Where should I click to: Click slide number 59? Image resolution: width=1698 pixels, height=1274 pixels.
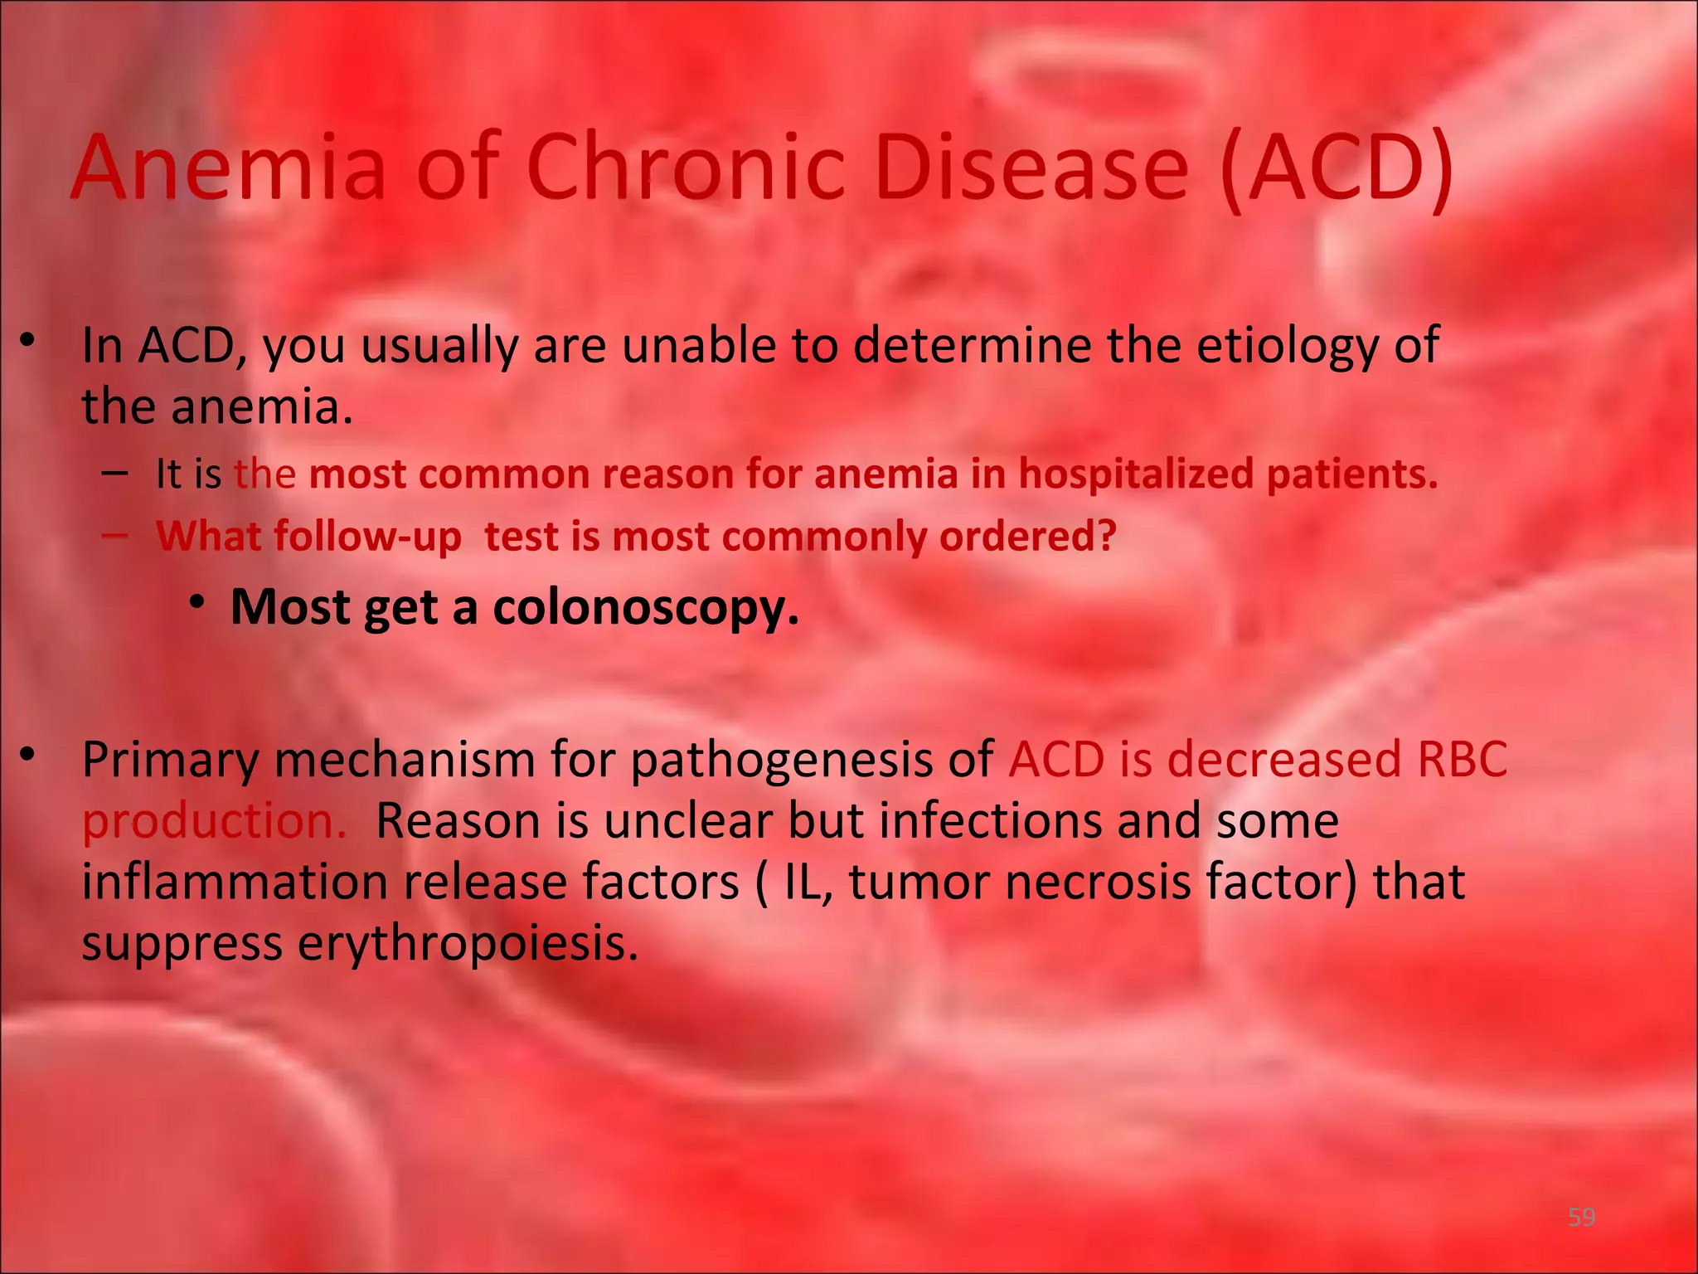click(1581, 1217)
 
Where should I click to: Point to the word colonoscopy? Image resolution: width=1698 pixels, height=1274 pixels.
click(646, 608)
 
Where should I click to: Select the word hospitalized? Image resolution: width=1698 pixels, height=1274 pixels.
click(1135, 474)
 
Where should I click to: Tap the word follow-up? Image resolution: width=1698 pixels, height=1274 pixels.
click(367, 537)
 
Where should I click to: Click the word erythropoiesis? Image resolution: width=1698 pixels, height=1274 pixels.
click(468, 943)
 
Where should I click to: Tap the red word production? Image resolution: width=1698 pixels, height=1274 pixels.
click(214, 821)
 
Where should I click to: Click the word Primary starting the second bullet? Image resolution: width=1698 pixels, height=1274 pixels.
click(170, 759)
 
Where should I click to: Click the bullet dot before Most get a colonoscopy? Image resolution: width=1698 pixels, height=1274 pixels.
click(196, 603)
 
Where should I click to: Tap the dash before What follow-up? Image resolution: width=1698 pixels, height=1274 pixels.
click(114, 535)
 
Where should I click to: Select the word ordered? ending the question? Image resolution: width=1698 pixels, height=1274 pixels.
click(1027, 537)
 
